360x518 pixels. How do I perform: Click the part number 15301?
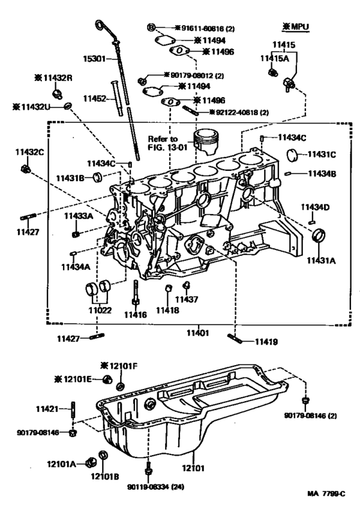pyautogui.click(x=95, y=58)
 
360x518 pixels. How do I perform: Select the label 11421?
pyautogui.click(x=47, y=409)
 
